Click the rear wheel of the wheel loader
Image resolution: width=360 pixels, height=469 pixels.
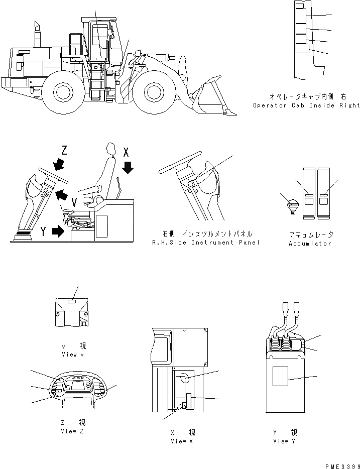click(x=64, y=92)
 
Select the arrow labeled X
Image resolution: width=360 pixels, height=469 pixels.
click(x=128, y=167)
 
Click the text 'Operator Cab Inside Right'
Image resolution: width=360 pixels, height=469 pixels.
click(x=306, y=105)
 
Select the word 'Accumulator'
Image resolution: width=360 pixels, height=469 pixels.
click(x=310, y=244)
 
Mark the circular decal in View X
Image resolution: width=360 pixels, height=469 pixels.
click(x=184, y=379)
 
